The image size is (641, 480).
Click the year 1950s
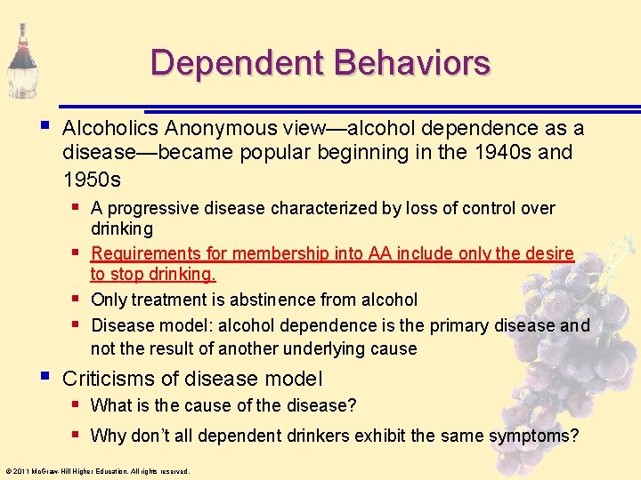pyautogui.click(x=92, y=179)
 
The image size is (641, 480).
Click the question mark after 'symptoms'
pyautogui.click(x=574, y=436)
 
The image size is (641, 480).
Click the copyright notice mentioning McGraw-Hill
pyautogui.click(x=96, y=471)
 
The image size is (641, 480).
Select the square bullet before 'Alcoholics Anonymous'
pyautogui.click(x=45, y=128)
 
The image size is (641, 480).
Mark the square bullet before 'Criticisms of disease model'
pyautogui.click(x=45, y=378)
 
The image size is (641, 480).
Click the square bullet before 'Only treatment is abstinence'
pyautogui.click(x=77, y=300)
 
